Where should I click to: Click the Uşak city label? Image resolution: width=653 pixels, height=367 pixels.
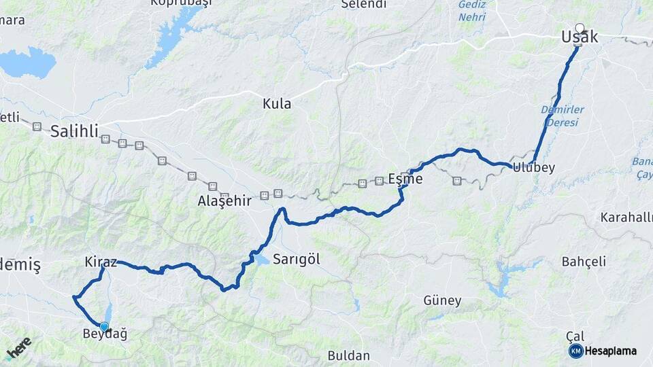tap(580, 37)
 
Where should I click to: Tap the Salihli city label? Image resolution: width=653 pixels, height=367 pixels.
tap(74, 131)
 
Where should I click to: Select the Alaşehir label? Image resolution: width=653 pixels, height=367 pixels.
tap(224, 200)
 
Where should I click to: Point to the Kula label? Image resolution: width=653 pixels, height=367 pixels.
tap(277, 104)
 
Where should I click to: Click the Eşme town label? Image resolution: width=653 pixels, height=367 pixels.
tap(405, 179)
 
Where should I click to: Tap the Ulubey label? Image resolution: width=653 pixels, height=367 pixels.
tap(534, 168)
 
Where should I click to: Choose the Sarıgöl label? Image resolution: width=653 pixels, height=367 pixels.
tap(296, 259)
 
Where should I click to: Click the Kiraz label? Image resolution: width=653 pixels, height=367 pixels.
tap(101, 262)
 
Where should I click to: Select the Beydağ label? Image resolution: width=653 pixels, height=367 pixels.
tap(104, 334)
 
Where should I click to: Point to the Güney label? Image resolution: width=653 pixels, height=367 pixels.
tap(442, 300)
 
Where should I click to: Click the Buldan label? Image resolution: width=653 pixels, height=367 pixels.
tap(348, 355)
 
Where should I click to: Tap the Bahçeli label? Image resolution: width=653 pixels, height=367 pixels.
tap(584, 262)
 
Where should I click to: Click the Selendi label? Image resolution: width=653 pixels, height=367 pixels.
tap(363, 5)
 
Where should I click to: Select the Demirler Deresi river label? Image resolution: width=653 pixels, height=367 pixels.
tap(559, 116)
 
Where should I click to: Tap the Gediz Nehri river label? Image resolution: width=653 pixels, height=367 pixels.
tap(471, 11)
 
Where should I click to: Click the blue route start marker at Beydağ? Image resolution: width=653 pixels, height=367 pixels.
tap(104, 326)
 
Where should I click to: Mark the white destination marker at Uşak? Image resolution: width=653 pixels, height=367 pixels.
tap(580, 28)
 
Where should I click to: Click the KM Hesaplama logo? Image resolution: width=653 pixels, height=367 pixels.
tap(603, 351)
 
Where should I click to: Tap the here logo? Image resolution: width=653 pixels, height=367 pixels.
tap(19, 348)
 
